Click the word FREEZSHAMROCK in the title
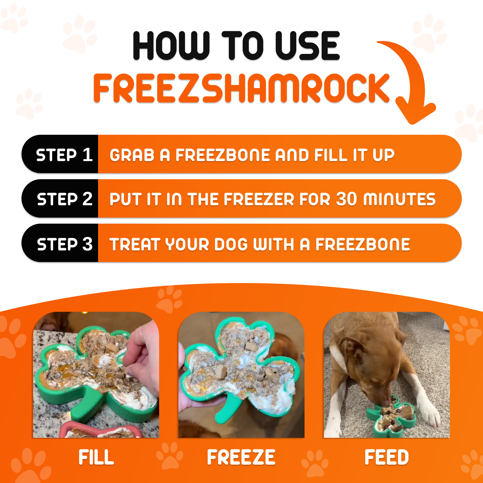click(241, 88)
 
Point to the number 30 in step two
click(346, 199)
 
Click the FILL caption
click(96, 457)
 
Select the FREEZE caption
click(241, 457)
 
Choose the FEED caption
click(386, 457)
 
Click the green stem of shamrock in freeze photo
click(225, 410)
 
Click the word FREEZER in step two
click(259, 199)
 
